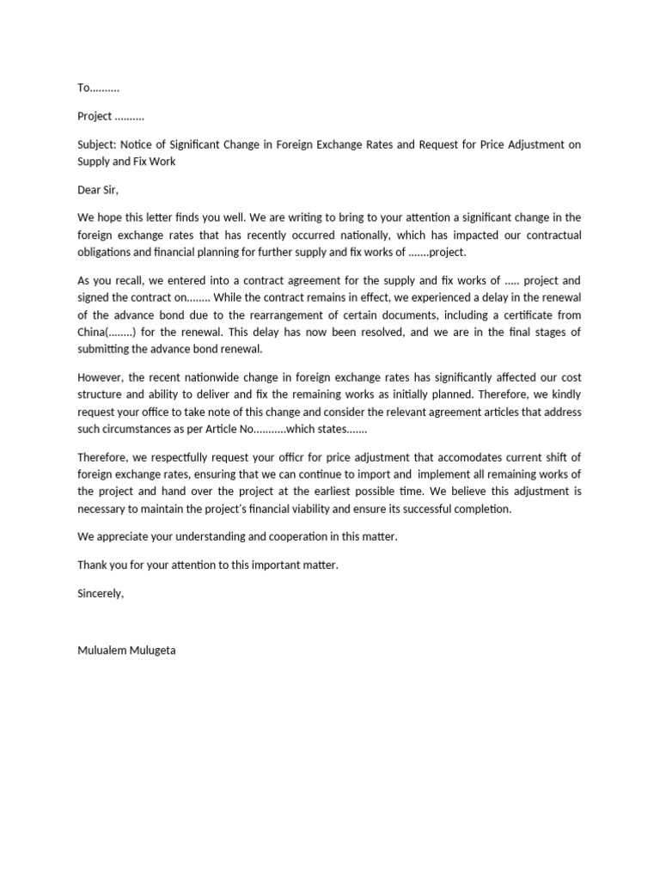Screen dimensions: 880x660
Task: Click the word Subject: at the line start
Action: pos(96,144)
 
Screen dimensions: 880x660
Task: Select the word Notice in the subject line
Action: pos(137,144)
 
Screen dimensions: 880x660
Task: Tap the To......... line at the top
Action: pos(98,89)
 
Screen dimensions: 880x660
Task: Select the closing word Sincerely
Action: pos(101,594)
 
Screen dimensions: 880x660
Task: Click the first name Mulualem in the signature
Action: pos(103,651)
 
